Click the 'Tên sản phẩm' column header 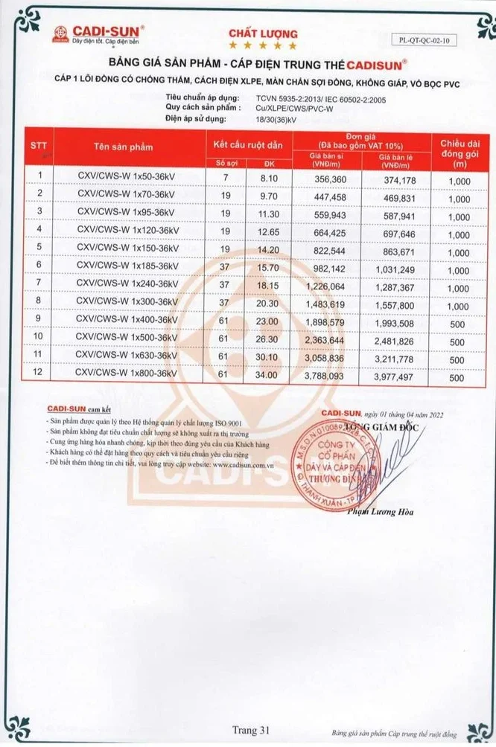coord(124,147)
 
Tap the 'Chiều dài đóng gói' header coord(459,147)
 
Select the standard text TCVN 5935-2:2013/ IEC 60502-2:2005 coord(310,97)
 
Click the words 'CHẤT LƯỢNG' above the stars coord(252,34)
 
